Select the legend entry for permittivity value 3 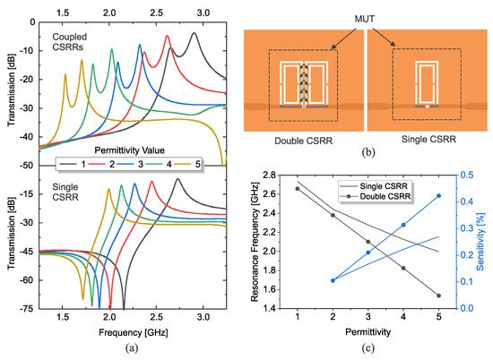[x=135, y=166]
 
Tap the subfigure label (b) [x=368, y=152]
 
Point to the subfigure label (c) [x=368, y=348]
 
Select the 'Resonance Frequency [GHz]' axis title [x=260, y=242]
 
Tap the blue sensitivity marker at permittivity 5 [x=438, y=196]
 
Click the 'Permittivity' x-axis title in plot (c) [x=368, y=332]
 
